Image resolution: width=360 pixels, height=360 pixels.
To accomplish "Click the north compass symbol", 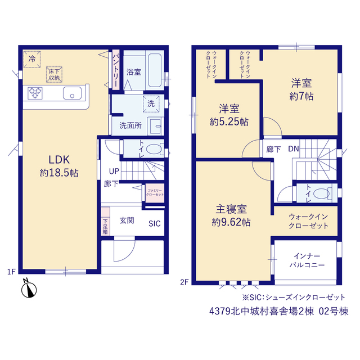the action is [29, 290].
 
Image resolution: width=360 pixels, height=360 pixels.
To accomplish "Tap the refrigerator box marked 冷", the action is [32, 59].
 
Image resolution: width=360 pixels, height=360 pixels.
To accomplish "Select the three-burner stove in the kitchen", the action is [35, 93].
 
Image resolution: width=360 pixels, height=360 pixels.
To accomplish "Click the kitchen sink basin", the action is [72, 93].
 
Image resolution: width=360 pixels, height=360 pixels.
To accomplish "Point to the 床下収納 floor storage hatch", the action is [54, 74].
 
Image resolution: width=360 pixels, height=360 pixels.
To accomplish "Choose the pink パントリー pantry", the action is [116, 70].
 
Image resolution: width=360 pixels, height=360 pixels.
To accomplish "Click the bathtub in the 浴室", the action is [155, 70].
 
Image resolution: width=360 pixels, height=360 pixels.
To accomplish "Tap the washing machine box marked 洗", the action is [151, 104].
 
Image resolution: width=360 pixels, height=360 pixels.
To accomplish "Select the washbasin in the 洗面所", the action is [155, 126].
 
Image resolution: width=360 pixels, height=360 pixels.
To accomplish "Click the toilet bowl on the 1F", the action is [154, 149].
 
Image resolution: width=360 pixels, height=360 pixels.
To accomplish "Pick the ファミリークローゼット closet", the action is [155, 193].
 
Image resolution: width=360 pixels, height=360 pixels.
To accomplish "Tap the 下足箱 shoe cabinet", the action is [105, 221].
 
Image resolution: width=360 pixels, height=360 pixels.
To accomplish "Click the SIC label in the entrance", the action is [155, 224].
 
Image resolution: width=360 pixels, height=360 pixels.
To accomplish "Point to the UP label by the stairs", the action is [114, 171].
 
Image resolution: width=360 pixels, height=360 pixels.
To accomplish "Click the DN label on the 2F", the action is [294, 149].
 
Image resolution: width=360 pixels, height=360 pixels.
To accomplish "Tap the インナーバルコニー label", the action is [307, 260].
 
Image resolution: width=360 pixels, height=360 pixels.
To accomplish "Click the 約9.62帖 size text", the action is [231, 222].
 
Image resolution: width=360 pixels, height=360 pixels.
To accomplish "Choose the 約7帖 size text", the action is [301, 96].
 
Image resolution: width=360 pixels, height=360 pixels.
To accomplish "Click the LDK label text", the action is [59, 160].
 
